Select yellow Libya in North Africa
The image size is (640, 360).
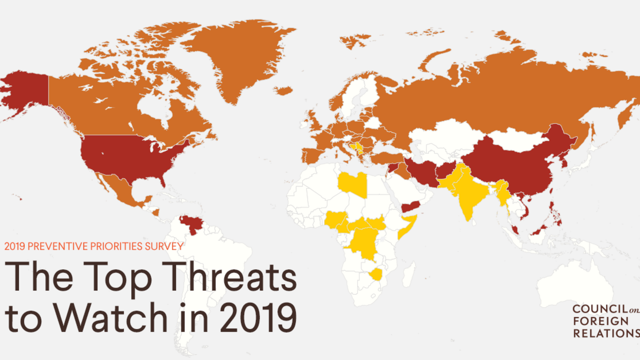[352, 184]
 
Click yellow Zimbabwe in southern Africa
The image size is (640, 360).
[376, 275]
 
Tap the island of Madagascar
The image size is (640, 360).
[408, 276]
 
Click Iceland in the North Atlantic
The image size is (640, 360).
[284, 91]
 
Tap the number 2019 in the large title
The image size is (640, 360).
[258, 318]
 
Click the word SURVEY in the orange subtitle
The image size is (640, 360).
[164, 246]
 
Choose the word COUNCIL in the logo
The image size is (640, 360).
[600, 309]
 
